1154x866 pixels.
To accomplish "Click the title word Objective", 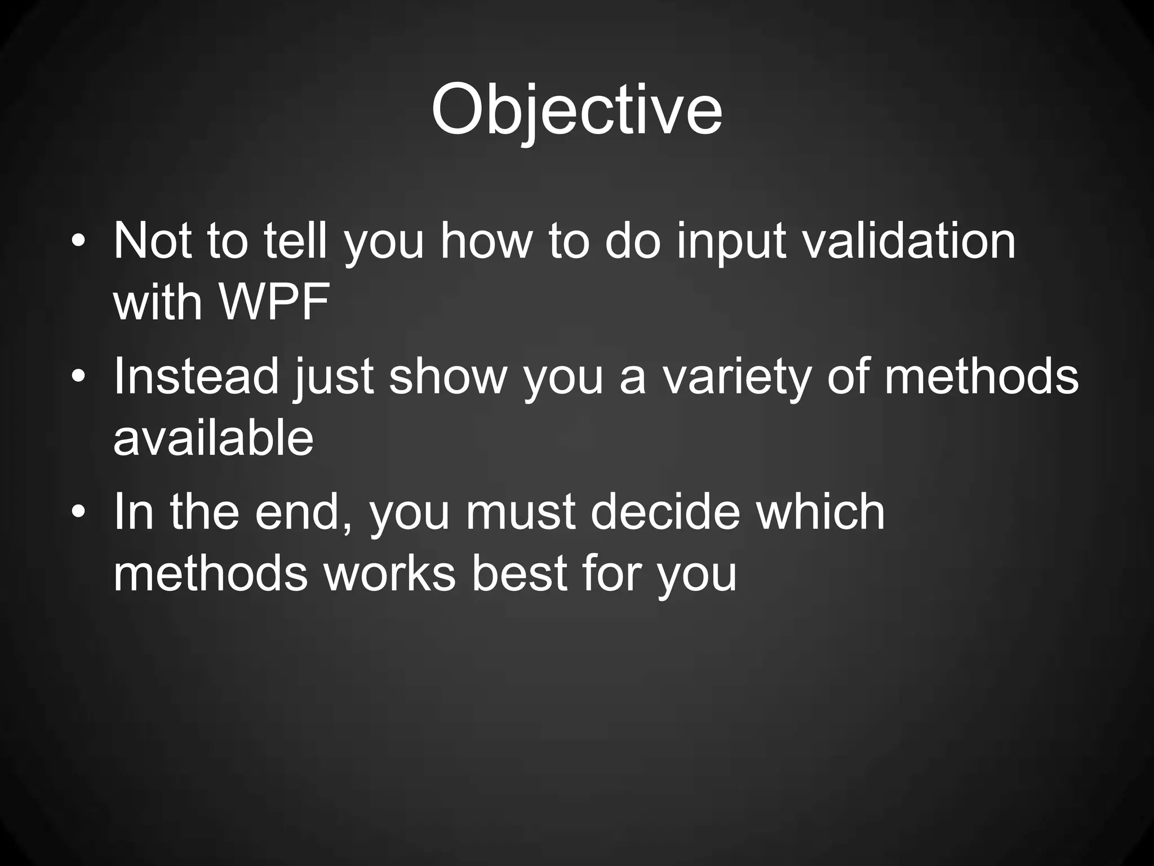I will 576,110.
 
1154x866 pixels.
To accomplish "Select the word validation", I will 908,241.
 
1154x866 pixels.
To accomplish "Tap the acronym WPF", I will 274,303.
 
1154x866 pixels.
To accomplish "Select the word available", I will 213,438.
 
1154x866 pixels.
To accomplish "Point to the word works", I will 389,573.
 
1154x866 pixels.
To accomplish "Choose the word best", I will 519,573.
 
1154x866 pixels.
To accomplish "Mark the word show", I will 449,376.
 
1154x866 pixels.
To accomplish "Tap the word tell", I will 295,241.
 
